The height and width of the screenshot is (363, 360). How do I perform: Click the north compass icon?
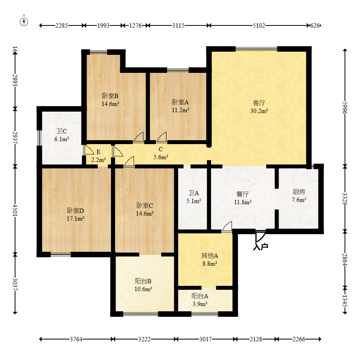pos(24,22)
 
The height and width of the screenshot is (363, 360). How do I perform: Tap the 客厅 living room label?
pos(259,103)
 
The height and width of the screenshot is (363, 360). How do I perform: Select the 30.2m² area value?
pos(259,111)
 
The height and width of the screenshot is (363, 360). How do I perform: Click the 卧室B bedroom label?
pos(110,96)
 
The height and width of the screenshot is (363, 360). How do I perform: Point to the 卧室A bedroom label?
pos(180,102)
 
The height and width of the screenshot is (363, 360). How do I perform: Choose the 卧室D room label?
pos(75,210)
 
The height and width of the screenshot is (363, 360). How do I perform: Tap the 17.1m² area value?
pos(76,219)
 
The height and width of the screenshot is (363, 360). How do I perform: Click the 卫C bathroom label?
pos(62,131)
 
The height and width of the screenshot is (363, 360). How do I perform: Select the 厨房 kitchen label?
pos(299,192)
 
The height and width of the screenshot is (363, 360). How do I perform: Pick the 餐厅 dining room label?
pos(242,194)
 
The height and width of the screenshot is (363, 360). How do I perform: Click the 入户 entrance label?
pos(261,247)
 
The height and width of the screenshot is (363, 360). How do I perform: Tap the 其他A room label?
pos(210,256)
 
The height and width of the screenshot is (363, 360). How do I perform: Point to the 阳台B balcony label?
pos(143,281)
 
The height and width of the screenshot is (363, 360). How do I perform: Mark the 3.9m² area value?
pos(200,304)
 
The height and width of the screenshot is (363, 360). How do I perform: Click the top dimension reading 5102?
pos(259,25)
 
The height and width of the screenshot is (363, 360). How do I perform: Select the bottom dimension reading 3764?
pos(76,339)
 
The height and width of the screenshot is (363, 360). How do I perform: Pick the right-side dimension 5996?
pos(345,108)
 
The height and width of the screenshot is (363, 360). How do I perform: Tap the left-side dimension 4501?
pos(15,210)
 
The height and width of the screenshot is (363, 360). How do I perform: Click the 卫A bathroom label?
pos(194,193)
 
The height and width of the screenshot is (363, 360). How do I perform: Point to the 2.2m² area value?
pos(98,160)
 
